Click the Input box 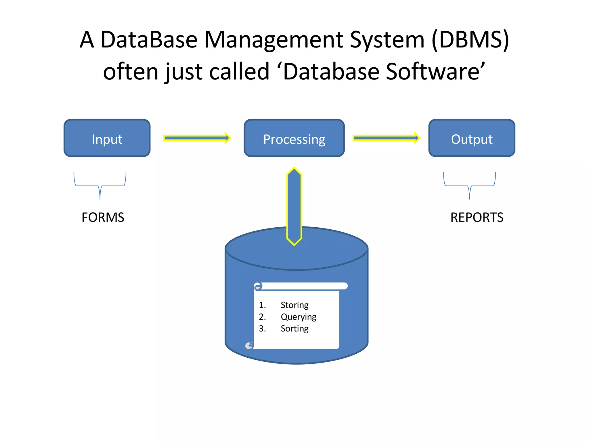[x=107, y=138]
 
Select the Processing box [x=294, y=138]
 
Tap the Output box [x=472, y=138]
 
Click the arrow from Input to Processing [x=197, y=138]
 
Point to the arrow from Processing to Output [x=386, y=138]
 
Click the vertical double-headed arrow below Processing [x=294, y=206]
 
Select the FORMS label [x=103, y=217]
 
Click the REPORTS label [x=477, y=217]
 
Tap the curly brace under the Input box [x=100, y=185]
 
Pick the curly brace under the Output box [x=469, y=185]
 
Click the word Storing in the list [x=294, y=305]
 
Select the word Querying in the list [x=298, y=317]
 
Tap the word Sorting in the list [x=294, y=329]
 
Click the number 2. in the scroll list [x=262, y=317]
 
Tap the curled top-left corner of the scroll [x=258, y=286]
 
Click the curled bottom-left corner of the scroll [x=249, y=345]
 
